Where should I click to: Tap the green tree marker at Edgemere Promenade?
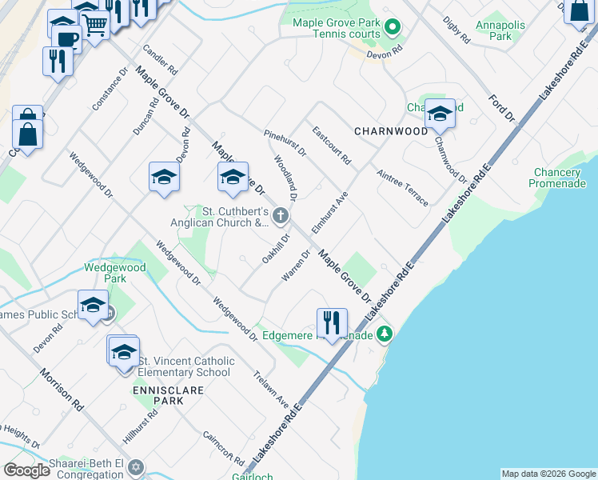(x=385, y=333)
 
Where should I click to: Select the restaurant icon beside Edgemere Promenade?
(x=332, y=323)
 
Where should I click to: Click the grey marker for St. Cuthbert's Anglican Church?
(x=280, y=214)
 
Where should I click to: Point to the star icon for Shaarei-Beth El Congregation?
(x=135, y=466)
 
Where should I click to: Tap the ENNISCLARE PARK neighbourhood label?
(x=158, y=394)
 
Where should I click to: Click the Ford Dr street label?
(x=503, y=107)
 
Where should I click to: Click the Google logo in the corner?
(x=26, y=470)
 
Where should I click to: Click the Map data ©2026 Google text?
(x=548, y=474)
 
